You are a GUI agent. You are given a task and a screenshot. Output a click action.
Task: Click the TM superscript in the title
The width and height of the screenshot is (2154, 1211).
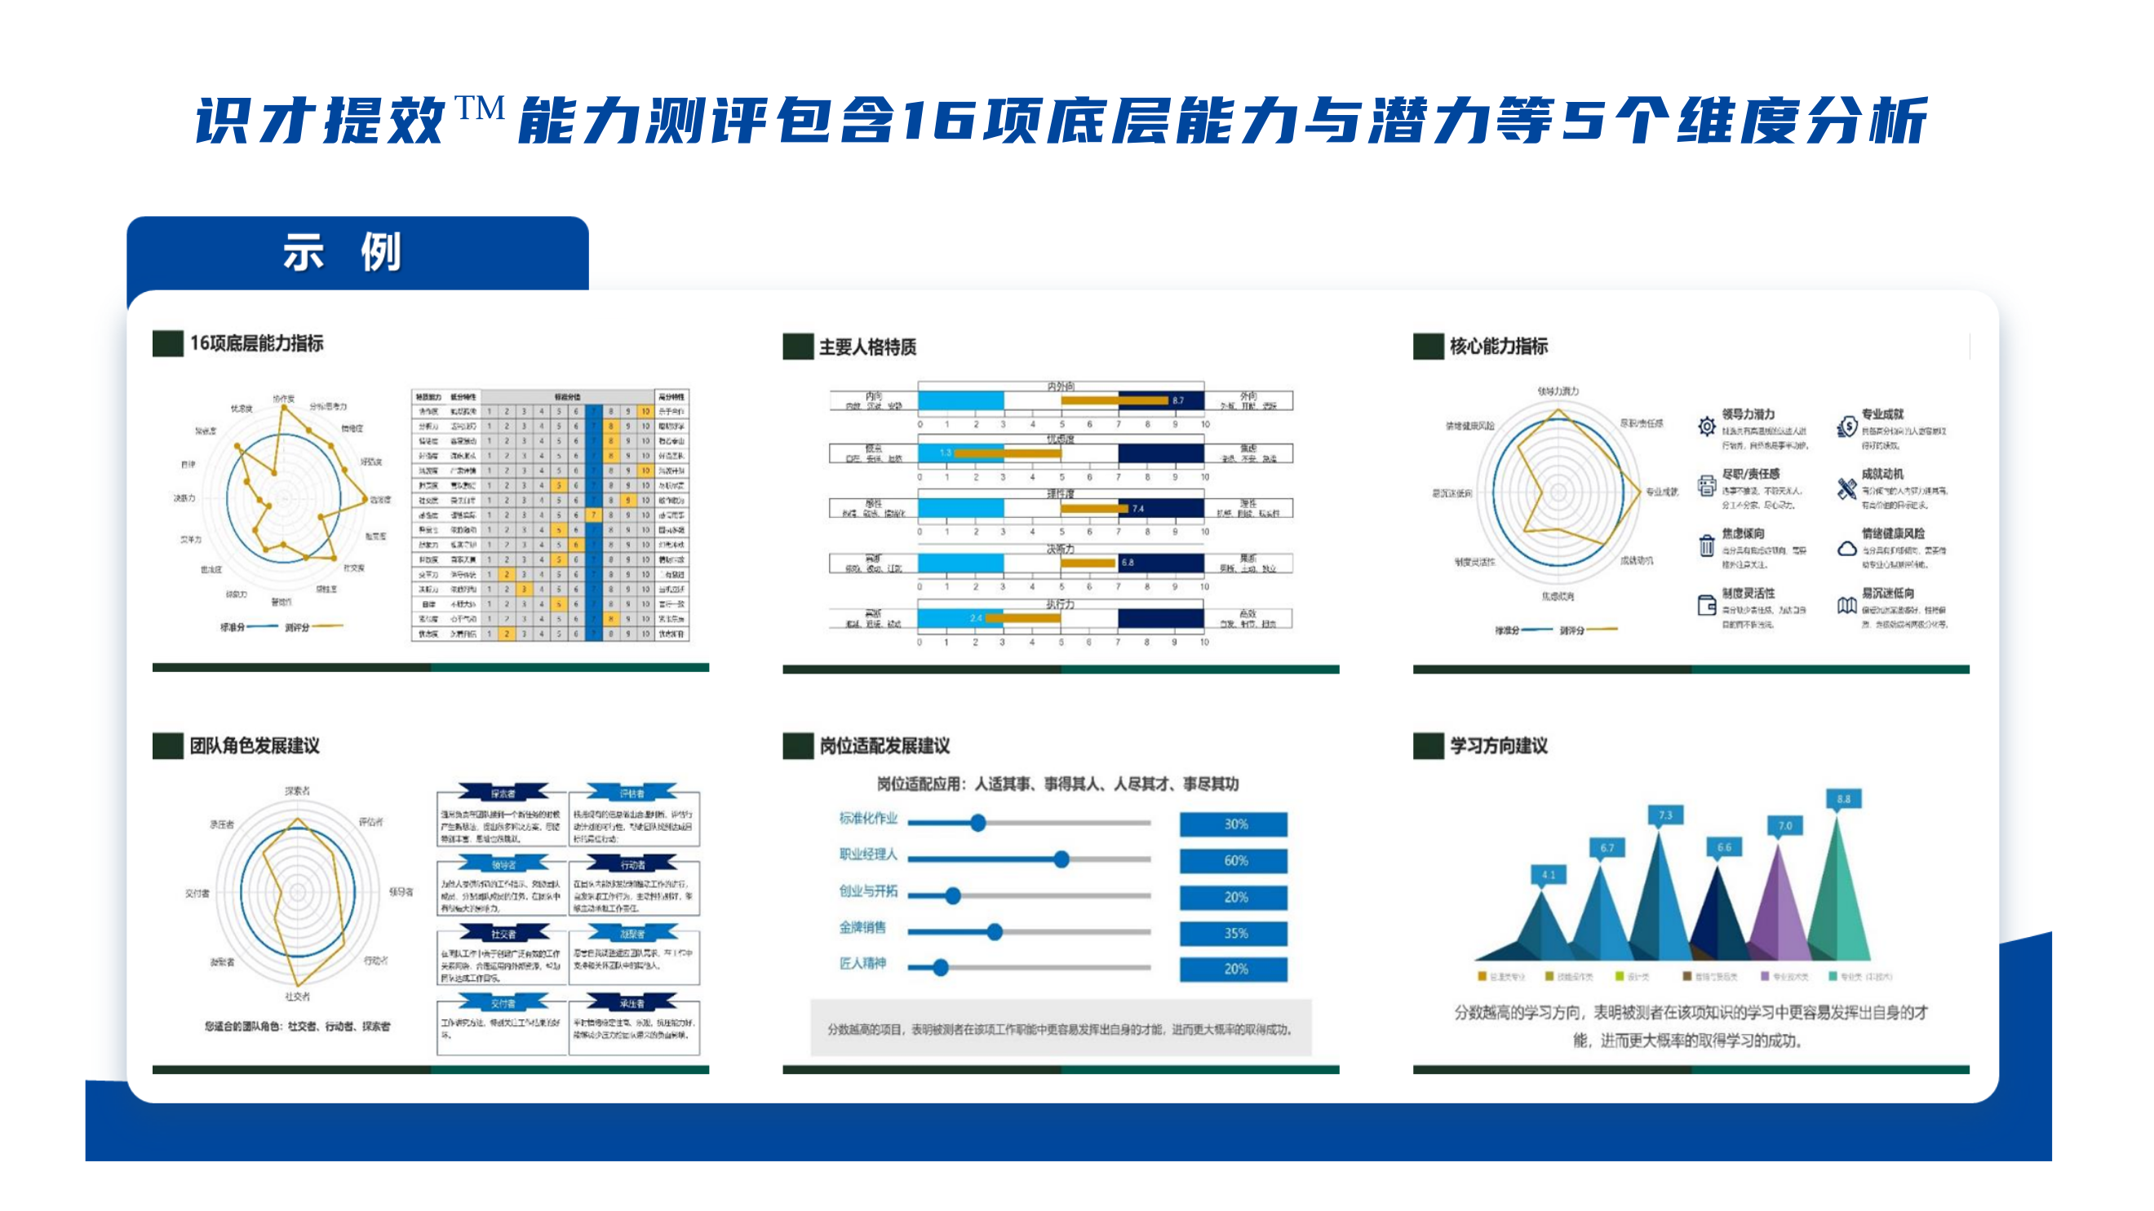coord(479,108)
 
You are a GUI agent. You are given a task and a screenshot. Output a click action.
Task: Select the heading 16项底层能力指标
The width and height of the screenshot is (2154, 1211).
coord(256,343)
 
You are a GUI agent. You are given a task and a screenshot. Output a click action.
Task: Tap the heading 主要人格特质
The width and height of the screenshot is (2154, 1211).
coord(867,347)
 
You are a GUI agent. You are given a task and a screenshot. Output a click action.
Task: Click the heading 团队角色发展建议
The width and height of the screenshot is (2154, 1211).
coord(255,745)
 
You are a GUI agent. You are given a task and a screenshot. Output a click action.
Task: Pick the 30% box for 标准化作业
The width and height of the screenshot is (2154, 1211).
coord(1234,824)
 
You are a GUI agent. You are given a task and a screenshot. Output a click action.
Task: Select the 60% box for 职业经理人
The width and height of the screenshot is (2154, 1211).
coord(1234,861)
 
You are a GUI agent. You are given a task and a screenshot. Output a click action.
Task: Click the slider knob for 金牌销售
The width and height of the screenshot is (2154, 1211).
coord(995,932)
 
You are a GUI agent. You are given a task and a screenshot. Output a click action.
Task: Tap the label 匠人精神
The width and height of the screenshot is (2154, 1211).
coord(862,964)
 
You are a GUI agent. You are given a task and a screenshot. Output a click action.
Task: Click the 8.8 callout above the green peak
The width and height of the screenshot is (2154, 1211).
coord(1843,799)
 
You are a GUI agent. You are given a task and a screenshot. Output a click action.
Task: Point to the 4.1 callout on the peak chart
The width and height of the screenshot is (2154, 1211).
coord(1548,875)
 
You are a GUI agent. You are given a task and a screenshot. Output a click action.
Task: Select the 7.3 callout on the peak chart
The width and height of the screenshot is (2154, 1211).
coord(1664,815)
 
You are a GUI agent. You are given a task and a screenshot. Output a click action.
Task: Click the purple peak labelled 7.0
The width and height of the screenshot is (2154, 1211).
coord(1780,911)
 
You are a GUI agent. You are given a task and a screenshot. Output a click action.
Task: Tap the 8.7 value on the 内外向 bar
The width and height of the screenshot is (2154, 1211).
coord(1177,400)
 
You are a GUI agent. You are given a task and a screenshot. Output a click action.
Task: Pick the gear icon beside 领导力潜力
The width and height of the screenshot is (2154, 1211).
coord(1707,427)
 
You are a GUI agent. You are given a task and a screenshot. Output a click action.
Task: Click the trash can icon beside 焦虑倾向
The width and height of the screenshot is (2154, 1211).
coord(1707,546)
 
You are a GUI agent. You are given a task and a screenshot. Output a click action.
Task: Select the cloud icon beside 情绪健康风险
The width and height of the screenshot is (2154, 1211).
coord(1847,549)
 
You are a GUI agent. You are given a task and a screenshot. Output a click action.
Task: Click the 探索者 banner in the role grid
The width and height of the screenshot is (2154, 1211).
coord(503,793)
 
